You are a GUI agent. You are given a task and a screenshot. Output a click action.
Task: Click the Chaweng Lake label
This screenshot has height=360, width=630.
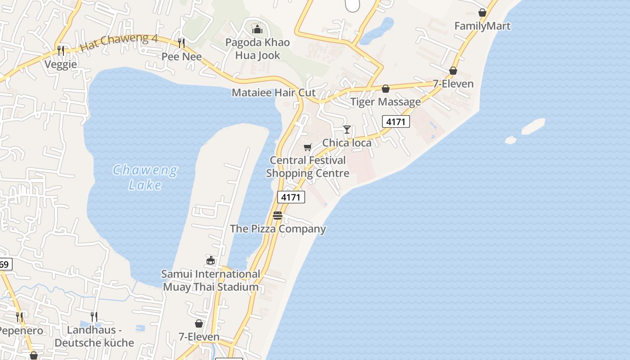(145, 177)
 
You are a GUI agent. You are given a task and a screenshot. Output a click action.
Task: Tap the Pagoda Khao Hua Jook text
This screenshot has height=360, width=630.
(257, 49)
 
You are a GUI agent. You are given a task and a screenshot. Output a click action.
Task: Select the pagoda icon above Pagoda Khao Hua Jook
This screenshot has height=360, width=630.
(257, 29)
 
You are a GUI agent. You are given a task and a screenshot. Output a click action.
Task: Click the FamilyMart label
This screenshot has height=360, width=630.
(482, 26)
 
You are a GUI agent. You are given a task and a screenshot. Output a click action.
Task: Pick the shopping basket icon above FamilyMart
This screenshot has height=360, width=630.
(482, 13)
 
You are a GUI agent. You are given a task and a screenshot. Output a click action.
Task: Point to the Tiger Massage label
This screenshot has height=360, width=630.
(386, 102)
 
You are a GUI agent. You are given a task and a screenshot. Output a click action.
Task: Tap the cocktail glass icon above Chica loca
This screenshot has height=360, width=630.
(347, 130)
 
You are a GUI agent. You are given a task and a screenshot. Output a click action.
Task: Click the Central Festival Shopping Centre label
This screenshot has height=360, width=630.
(308, 166)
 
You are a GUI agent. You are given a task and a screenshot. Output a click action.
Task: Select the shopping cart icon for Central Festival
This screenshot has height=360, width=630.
(308, 147)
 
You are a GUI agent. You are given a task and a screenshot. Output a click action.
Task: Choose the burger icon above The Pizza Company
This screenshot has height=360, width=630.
(278, 216)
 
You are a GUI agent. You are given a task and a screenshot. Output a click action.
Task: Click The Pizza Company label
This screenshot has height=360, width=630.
(278, 229)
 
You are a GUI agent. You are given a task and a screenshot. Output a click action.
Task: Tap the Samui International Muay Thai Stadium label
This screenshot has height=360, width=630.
(211, 280)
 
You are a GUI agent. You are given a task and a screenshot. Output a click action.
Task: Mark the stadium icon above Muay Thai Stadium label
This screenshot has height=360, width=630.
(211, 260)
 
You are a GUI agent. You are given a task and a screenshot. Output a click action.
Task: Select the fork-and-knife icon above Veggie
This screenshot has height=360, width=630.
(61, 50)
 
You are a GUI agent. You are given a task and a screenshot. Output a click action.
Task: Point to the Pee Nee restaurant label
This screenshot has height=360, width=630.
(182, 57)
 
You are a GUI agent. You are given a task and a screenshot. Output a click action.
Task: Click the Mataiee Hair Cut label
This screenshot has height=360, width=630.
(274, 93)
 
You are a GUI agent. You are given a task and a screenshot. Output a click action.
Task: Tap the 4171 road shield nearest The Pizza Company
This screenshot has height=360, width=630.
(291, 197)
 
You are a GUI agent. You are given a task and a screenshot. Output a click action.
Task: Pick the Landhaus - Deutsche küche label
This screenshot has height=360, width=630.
(94, 336)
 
